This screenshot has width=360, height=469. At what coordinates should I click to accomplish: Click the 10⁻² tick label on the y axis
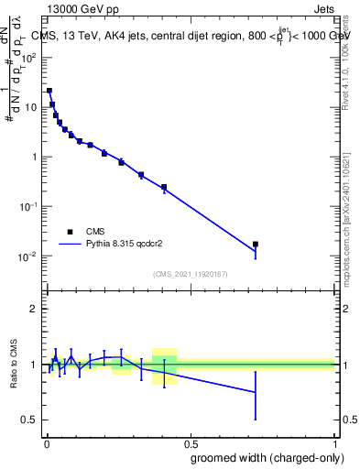[x=28, y=256]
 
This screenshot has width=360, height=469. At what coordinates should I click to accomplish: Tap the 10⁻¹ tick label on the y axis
[x=28, y=206]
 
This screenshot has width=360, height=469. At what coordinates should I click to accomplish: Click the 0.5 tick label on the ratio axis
[x=29, y=420]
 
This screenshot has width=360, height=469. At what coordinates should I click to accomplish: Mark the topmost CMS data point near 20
[x=49, y=91]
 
